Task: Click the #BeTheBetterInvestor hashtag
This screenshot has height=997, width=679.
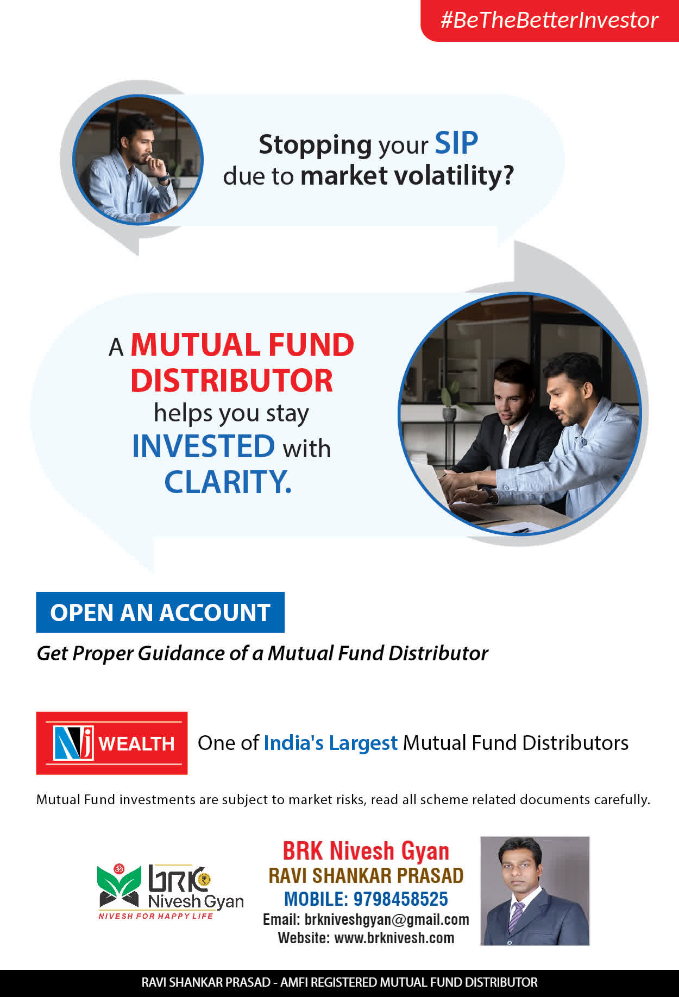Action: tap(549, 20)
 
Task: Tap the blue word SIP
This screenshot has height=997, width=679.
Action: tap(456, 143)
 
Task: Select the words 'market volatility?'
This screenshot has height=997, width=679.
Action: tap(407, 176)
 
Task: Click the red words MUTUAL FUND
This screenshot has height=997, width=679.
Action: tap(242, 345)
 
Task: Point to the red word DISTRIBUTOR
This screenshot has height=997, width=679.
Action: tap(231, 380)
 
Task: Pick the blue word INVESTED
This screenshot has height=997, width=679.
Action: tap(204, 446)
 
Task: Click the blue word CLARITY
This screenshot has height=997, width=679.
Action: tap(228, 482)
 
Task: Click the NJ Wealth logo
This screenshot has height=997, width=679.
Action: tap(112, 743)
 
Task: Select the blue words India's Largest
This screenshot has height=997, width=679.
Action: tap(331, 743)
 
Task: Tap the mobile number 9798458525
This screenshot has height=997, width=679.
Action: tap(401, 899)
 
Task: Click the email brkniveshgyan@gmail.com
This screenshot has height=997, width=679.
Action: tap(387, 919)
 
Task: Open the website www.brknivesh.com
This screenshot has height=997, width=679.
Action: tap(394, 938)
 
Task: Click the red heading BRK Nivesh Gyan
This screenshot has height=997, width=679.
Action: tap(366, 851)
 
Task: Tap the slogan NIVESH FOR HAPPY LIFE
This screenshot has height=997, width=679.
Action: tap(156, 916)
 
